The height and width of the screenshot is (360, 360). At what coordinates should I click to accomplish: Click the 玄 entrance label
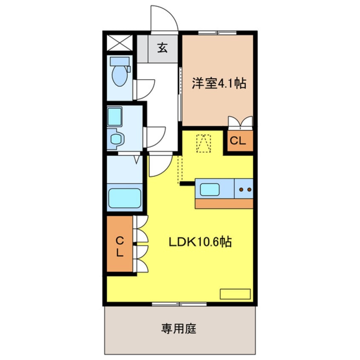point(162,48)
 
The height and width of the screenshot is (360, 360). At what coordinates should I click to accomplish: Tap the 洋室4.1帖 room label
point(219,83)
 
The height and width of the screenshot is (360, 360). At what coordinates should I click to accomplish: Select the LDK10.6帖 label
point(200,242)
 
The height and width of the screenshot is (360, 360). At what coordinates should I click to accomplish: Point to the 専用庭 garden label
point(179,329)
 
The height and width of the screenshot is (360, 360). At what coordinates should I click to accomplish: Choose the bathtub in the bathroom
point(124,197)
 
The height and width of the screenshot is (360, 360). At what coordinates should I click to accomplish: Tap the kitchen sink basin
point(210,189)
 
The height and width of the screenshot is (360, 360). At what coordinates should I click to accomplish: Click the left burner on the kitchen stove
point(241,188)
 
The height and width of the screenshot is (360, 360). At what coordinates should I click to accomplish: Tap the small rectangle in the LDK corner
point(235,294)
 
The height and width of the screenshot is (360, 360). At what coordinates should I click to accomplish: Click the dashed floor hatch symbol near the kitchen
point(204,143)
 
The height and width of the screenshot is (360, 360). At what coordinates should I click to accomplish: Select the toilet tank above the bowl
point(119,61)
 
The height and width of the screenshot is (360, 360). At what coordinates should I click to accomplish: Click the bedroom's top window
point(217,32)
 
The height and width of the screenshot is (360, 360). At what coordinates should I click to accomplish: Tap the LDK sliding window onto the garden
point(179,304)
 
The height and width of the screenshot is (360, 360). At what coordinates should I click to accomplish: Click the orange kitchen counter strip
point(224,203)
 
